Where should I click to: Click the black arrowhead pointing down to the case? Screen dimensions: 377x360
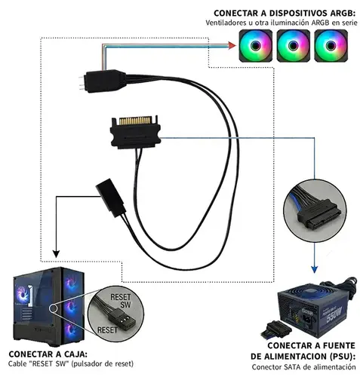click(x=55, y=253)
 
